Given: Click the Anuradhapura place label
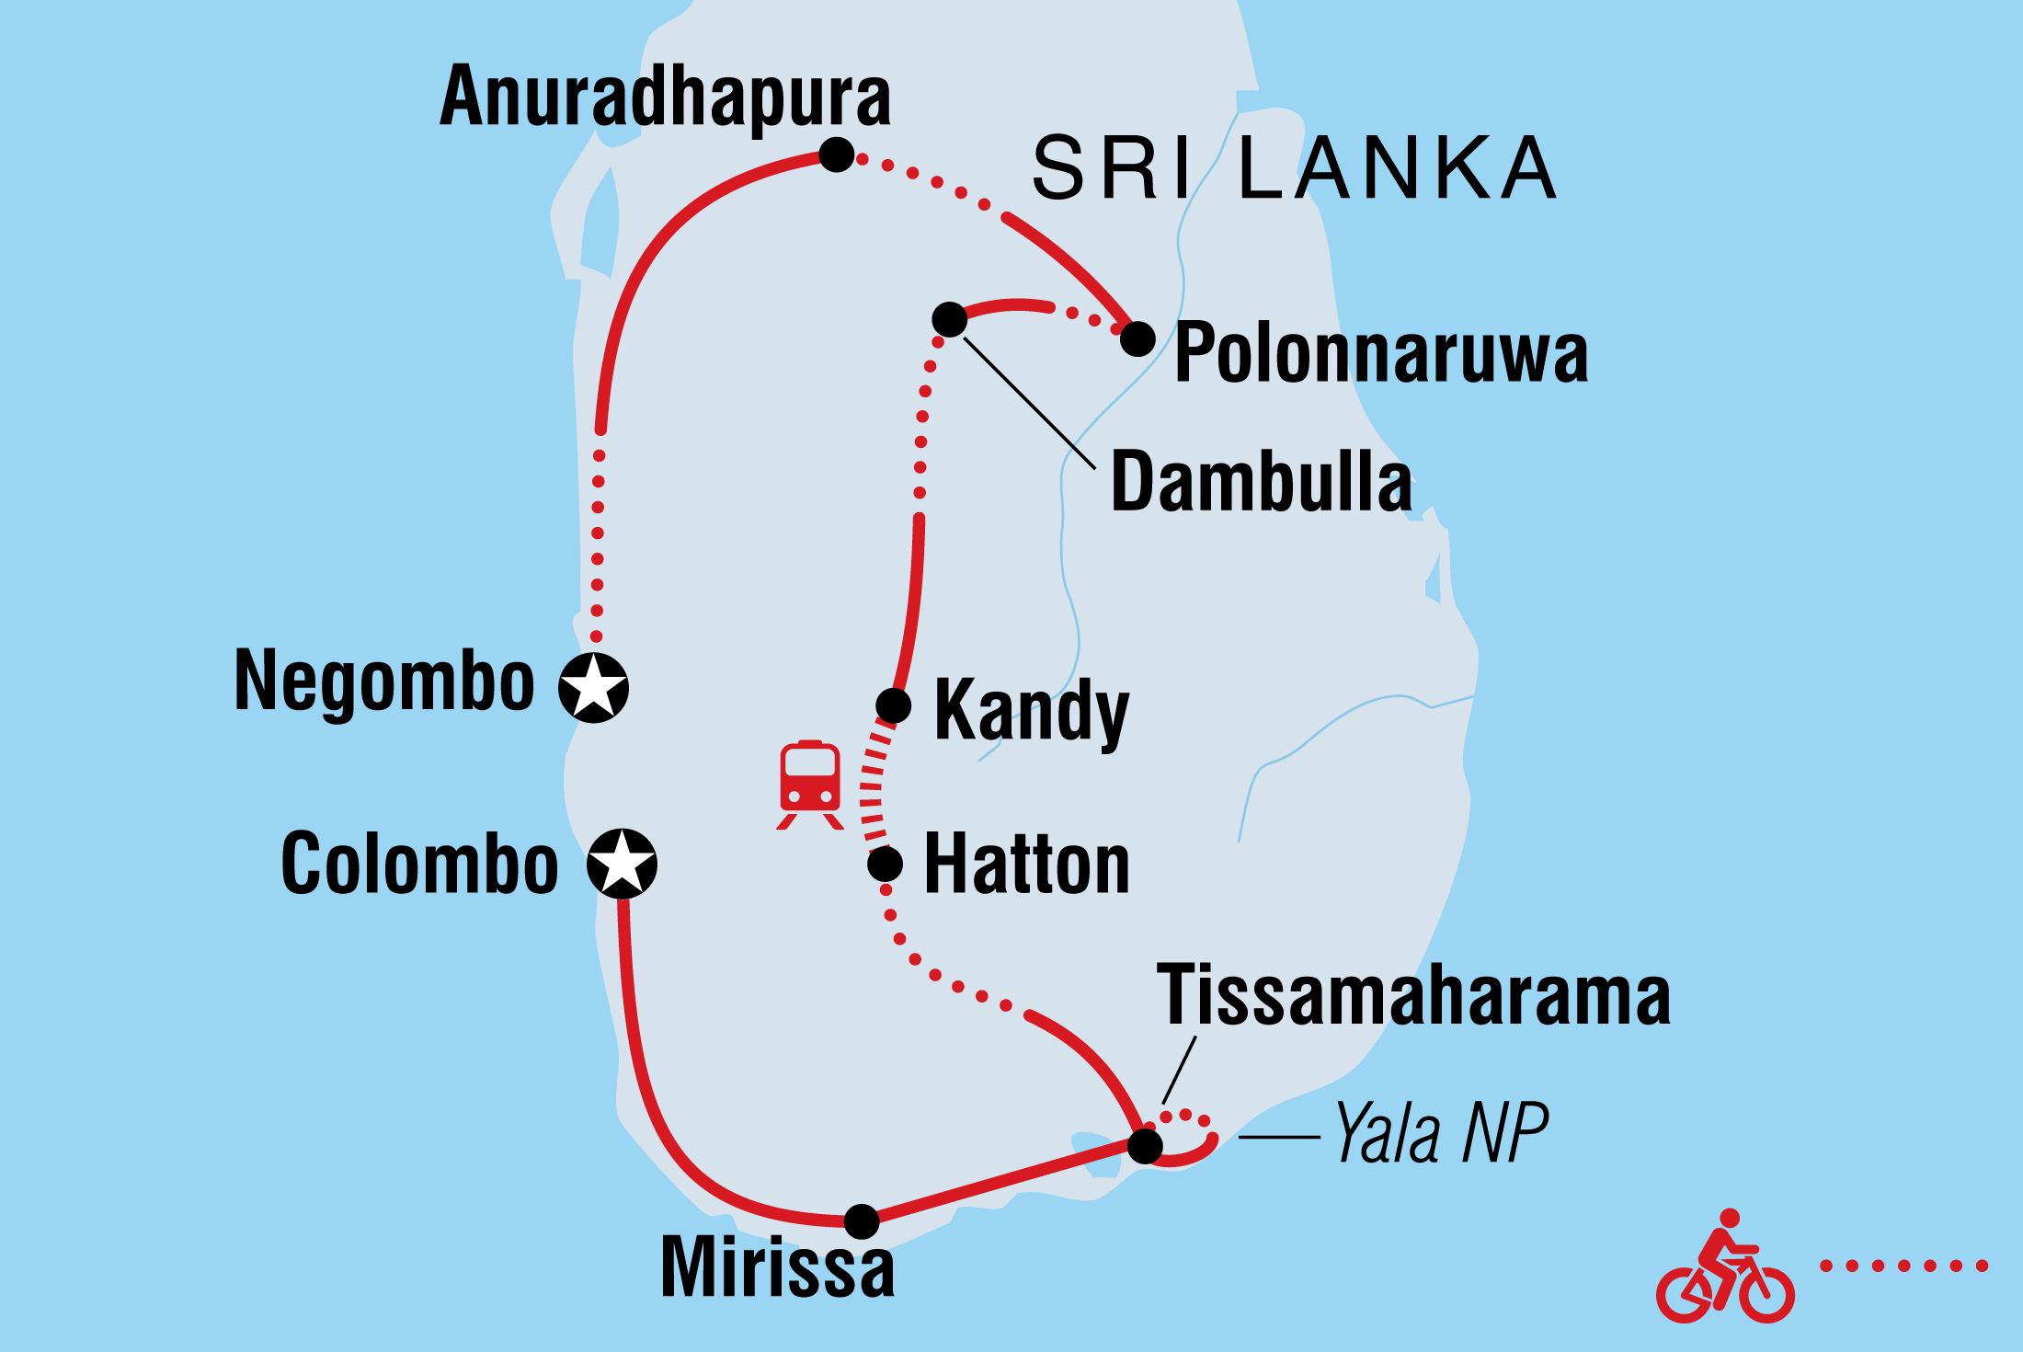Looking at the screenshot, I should coord(666,97).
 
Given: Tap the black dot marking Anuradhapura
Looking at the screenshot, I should coord(837,155).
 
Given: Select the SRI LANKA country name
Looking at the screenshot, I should coord(1294,167).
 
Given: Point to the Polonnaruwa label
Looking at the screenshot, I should coord(1381,353).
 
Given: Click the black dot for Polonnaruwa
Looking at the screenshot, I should coord(1137,338).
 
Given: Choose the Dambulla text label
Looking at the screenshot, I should coord(1261,482).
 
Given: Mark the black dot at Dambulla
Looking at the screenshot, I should coord(949,319).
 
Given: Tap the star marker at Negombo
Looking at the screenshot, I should coord(594,687).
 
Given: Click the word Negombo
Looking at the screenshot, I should coord(384,681).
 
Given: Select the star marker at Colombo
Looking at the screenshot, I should coord(623,864).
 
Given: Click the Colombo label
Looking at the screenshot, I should coord(419,864).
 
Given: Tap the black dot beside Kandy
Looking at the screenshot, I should coord(893,705).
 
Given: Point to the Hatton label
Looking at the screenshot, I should coord(1026,865).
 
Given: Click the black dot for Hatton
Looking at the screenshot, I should coord(885,864).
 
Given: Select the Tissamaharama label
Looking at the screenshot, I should coord(1413,996).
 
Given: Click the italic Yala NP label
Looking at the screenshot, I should coord(1440,1134).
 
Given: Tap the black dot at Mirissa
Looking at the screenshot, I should coord(862,1221).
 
